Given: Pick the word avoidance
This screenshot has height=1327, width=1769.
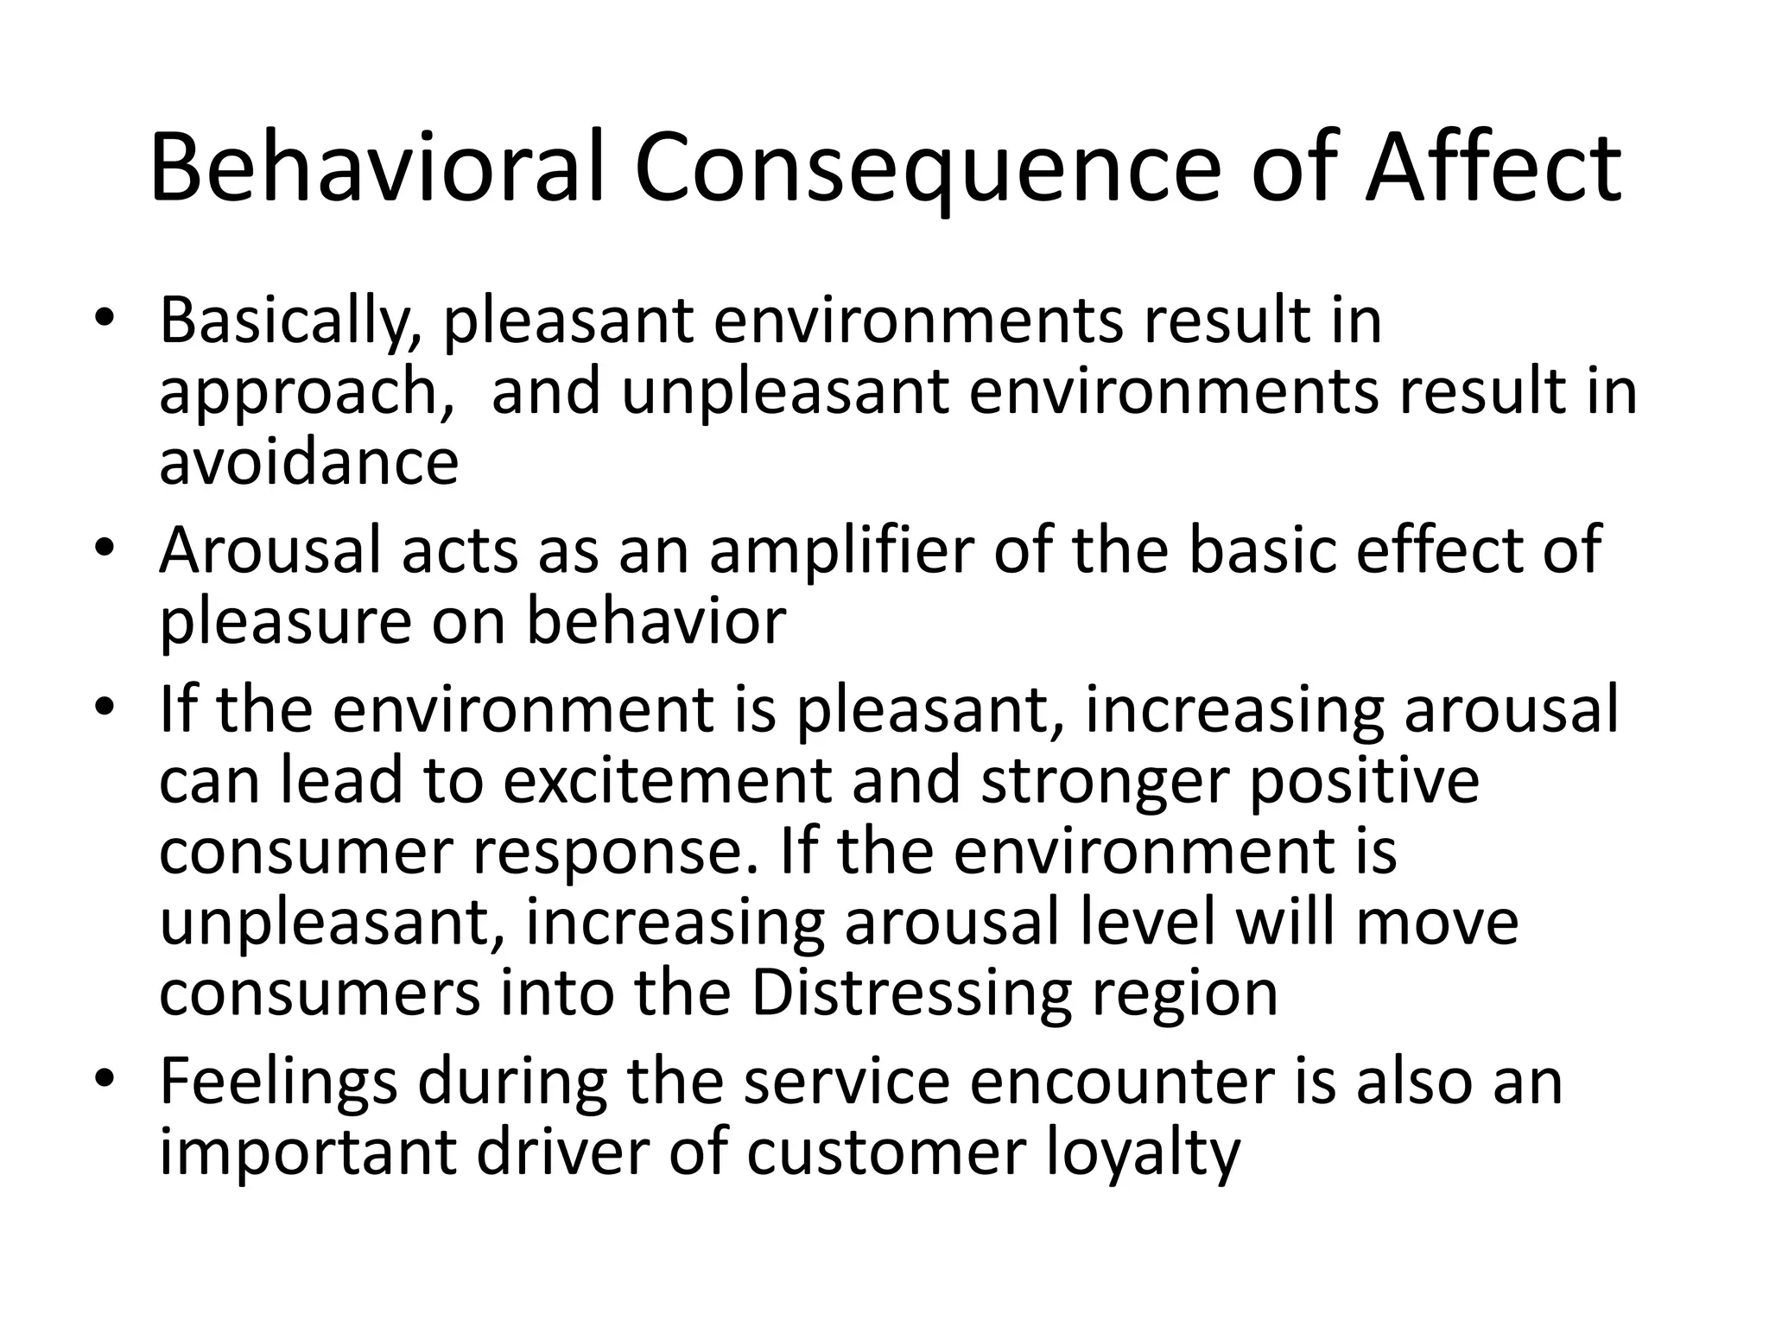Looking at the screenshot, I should [308, 462].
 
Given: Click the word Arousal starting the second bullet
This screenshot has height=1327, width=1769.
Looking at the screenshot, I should [269, 550].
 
